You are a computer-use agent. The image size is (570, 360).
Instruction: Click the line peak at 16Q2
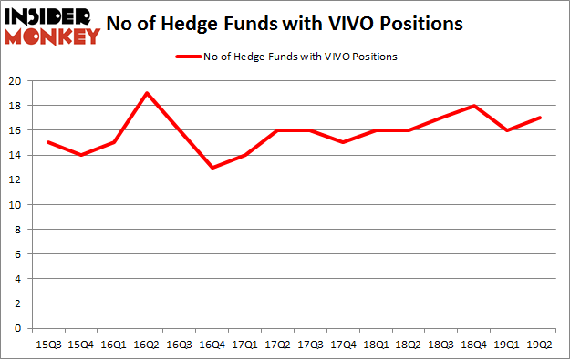click(x=147, y=93)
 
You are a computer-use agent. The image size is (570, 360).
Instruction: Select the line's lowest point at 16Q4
click(x=213, y=168)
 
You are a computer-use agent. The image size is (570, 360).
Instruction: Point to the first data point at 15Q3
click(x=48, y=142)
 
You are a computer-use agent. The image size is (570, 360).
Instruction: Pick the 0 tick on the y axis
click(x=18, y=328)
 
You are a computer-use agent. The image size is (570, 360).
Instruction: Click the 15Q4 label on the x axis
click(x=81, y=345)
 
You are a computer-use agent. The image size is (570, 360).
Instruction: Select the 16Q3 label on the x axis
click(x=180, y=345)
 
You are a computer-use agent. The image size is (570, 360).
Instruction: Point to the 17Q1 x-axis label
click(x=245, y=345)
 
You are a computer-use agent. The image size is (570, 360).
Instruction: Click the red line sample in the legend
click(x=188, y=57)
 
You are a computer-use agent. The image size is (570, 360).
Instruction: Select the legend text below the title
click(x=302, y=57)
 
